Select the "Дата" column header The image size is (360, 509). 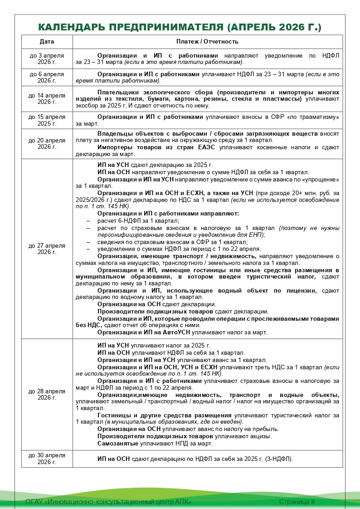pos(47,42)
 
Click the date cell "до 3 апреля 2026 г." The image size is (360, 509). pos(47,59)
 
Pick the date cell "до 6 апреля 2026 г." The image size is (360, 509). pos(47,77)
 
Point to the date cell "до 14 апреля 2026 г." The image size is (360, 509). pos(47,98)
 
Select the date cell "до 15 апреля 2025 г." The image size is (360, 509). pos(47,120)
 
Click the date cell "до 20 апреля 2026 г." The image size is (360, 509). pos(47,143)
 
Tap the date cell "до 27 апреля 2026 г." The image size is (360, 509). pos(47,249)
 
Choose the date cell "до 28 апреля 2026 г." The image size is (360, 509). pos(47,394)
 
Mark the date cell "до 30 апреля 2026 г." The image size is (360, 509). pos(47,459)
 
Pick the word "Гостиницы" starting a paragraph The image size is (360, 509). pos(113,416)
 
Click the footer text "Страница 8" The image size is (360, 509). pos(297,502)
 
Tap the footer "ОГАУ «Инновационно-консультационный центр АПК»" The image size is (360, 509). pos(109,502)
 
